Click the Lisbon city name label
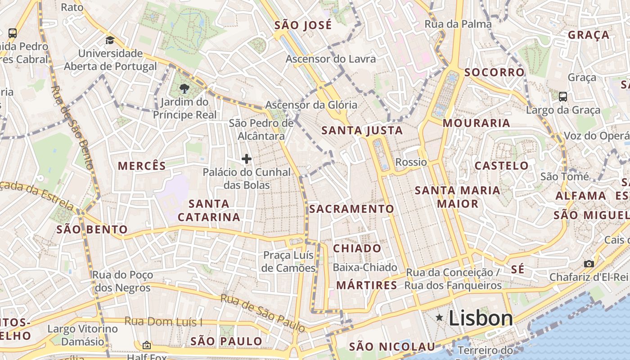click(481, 318)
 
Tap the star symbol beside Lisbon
click(439, 318)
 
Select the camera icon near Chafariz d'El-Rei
click(589, 264)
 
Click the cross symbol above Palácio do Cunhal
click(247, 158)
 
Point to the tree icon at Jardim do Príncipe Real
click(184, 88)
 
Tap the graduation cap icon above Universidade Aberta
click(110, 40)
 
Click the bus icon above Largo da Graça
click(562, 96)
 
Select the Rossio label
click(411, 162)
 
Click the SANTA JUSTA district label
click(362, 130)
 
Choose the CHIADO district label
click(357, 248)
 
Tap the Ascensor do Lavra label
click(331, 59)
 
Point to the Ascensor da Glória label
click(311, 105)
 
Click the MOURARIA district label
click(476, 123)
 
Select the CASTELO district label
click(502, 166)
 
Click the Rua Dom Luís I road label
click(163, 322)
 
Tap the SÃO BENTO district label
click(92, 229)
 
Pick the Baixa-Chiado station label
click(365, 268)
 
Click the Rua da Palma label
click(458, 24)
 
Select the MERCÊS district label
click(142, 166)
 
